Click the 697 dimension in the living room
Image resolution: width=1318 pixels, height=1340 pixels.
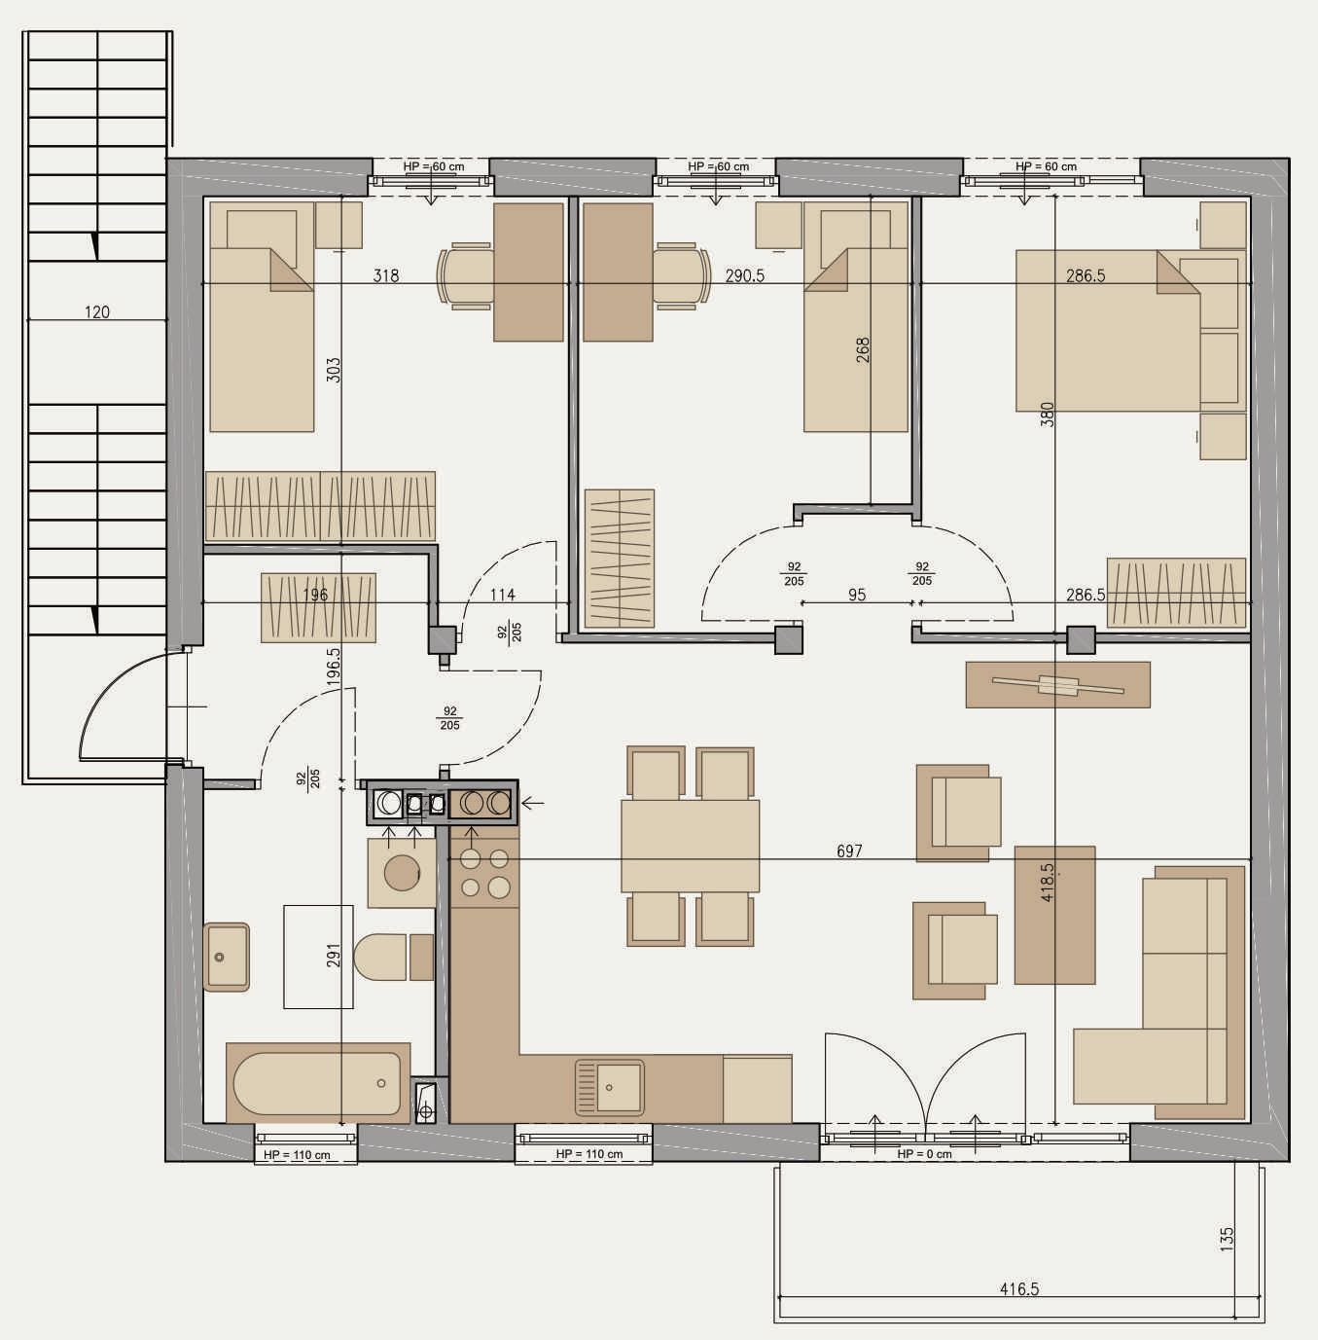click(x=849, y=851)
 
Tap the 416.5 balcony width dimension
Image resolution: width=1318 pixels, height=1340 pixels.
click(x=1019, y=1289)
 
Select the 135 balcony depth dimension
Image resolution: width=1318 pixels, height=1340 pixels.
click(x=1227, y=1240)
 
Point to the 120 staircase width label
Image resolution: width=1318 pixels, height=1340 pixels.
click(x=97, y=312)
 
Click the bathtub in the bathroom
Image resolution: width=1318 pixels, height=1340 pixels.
click(x=317, y=1084)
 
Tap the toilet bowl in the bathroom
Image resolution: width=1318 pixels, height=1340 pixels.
click(x=379, y=958)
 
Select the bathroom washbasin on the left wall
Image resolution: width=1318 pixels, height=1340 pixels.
click(x=227, y=957)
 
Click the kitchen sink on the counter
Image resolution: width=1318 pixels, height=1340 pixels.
click(x=609, y=1087)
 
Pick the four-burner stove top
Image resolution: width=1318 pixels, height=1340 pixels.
click(x=484, y=873)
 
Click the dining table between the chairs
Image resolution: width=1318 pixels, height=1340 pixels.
click(x=691, y=846)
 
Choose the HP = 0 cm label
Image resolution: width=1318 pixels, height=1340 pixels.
click(x=925, y=1154)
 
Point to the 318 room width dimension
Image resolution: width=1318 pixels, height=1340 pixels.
click(x=386, y=275)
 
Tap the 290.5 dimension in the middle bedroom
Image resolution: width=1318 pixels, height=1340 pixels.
click(x=745, y=275)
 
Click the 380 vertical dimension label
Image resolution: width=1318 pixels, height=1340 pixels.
click(x=1048, y=415)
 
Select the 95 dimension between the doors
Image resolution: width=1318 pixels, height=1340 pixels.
click(x=857, y=595)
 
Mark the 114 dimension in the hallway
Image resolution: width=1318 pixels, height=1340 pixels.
click(x=503, y=595)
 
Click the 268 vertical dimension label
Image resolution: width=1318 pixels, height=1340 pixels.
click(x=863, y=350)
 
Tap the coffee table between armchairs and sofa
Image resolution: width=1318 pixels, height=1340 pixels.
click(x=1054, y=915)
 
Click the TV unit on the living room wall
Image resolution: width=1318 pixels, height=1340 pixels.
click(x=1058, y=685)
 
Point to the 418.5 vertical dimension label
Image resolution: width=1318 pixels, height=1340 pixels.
click(x=1048, y=883)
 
